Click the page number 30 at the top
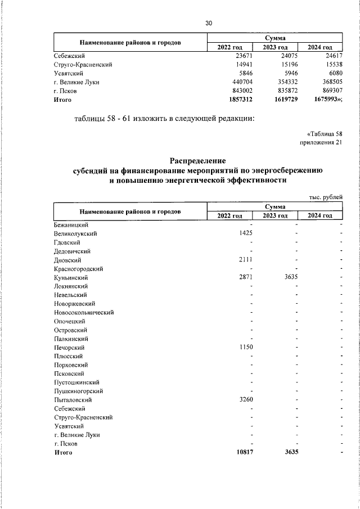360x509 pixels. point(209,23)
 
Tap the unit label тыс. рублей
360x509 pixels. point(326,196)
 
